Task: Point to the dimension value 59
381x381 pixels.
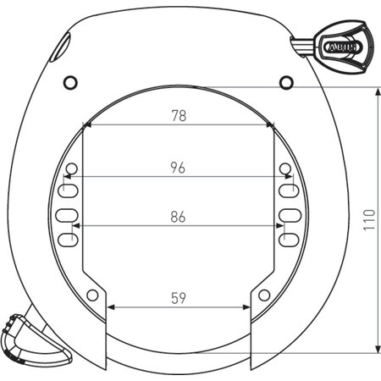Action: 179,297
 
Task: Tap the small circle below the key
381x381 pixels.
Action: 286,81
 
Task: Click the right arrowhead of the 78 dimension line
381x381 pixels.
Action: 270,125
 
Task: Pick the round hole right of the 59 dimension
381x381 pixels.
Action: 264,295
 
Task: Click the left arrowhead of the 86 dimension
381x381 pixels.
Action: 78,226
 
